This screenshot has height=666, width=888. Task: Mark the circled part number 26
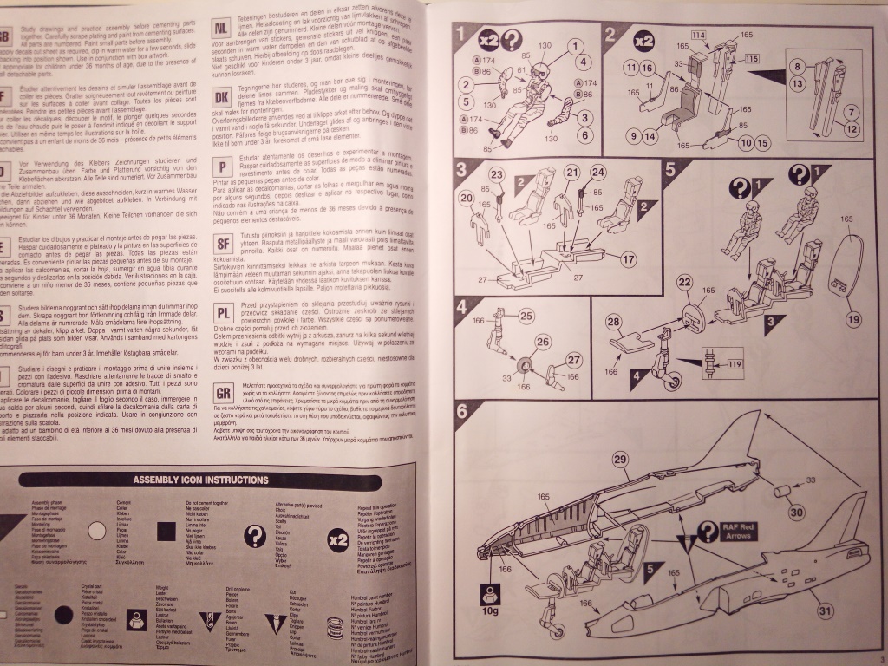tap(544, 342)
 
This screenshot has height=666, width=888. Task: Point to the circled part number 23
tap(495, 175)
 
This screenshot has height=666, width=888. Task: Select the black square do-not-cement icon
tap(168, 532)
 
